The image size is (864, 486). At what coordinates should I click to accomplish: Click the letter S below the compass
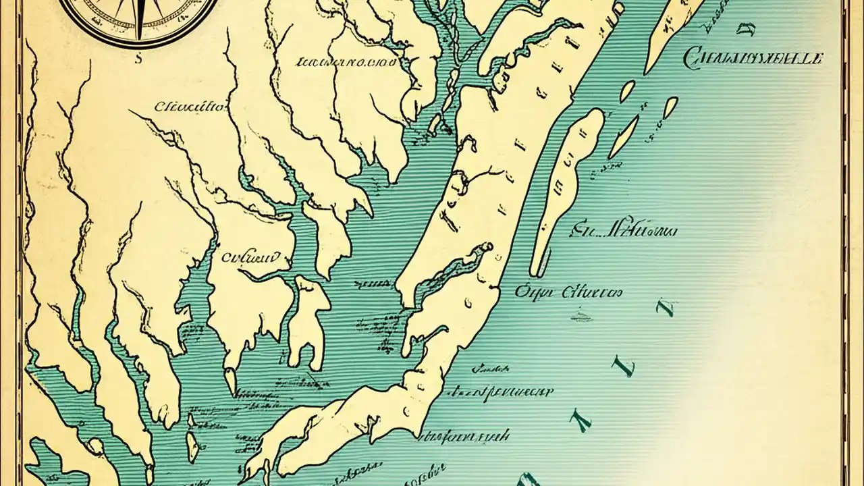click(138, 59)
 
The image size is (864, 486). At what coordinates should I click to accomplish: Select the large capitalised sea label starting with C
click(753, 59)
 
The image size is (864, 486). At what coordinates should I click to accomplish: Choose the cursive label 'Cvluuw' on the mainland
click(250, 256)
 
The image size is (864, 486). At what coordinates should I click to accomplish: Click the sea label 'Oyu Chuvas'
click(568, 292)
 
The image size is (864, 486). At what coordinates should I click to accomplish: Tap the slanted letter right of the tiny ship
click(666, 308)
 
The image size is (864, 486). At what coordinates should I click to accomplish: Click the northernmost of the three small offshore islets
click(627, 91)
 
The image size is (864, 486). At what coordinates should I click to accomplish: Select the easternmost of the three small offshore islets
click(670, 107)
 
